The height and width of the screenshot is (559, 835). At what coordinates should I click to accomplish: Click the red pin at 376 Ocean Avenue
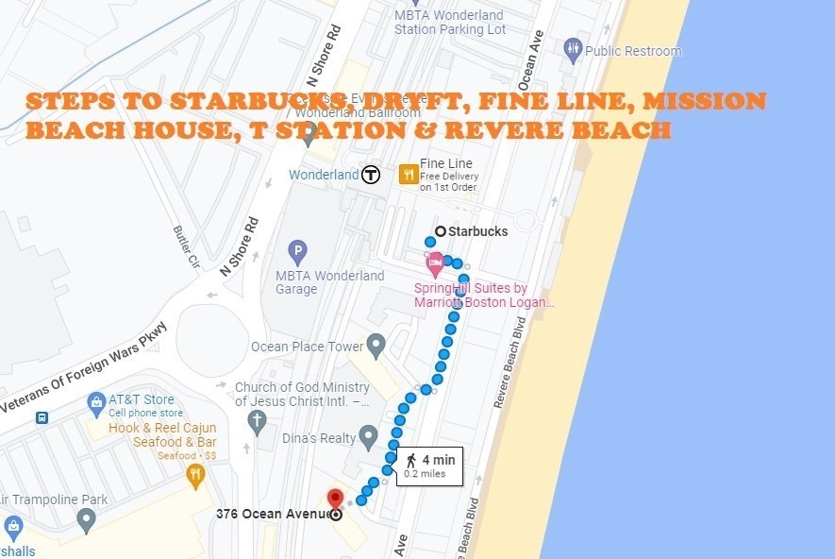coord(334,498)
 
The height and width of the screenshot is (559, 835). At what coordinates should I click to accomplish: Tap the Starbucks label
coord(477,231)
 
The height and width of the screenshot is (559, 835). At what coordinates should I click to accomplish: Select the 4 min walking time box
coord(429,466)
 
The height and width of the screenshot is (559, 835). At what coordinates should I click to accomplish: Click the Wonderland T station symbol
coord(371,175)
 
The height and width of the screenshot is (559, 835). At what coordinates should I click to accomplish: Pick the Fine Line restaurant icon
coord(409,174)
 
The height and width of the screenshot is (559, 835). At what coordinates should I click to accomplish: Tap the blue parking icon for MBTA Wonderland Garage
coord(298,253)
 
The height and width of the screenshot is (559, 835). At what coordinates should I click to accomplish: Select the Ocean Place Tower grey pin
coord(376,345)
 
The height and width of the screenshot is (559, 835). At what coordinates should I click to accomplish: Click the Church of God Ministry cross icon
coord(257,421)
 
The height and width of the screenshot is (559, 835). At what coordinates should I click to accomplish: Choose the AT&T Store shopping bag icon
coord(95,404)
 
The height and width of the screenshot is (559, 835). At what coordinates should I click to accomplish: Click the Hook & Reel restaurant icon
coord(196,475)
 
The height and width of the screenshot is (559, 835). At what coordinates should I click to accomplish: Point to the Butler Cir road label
coord(182,246)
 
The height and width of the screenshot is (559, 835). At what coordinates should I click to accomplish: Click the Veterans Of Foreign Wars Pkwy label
coord(84,368)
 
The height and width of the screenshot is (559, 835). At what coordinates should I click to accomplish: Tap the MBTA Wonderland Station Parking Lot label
coord(450,23)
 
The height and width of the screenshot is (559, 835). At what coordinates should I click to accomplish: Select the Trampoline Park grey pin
coord(87,518)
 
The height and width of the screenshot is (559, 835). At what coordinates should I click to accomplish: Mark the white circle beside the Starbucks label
coord(440,231)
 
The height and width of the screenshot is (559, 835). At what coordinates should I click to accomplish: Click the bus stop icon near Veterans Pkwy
coord(42,417)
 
